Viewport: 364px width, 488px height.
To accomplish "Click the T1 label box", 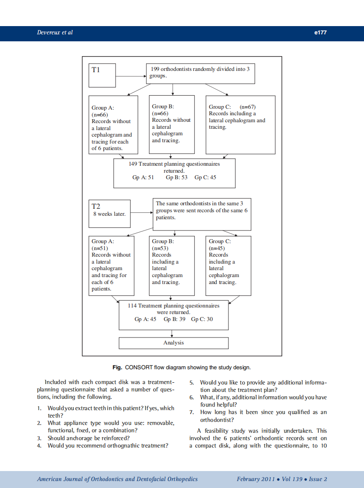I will (103, 75).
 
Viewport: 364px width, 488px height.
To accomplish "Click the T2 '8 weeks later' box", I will (109, 214).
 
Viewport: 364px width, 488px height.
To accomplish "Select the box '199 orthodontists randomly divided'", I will (200, 73).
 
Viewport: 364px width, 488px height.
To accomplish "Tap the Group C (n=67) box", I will (240, 125).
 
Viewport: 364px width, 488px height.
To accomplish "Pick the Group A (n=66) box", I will (113, 125).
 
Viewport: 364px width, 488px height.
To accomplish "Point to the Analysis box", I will (174, 343).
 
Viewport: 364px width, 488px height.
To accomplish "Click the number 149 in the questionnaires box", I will (133, 164).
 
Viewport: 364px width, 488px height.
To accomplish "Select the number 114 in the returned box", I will (132, 306).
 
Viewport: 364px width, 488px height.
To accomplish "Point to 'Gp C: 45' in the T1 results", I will (205, 177).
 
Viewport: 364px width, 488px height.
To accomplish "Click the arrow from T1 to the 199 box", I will (130, 75).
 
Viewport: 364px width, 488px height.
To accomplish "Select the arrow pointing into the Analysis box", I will (173, 333).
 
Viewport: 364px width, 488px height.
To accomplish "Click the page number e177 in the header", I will (320, 33).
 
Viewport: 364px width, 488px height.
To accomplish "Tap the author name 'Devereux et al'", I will (55, 33).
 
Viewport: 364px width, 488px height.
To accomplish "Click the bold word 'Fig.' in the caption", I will (117, 368).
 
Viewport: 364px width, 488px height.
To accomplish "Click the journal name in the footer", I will (117, 479).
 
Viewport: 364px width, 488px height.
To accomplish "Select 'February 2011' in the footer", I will (255, 479).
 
